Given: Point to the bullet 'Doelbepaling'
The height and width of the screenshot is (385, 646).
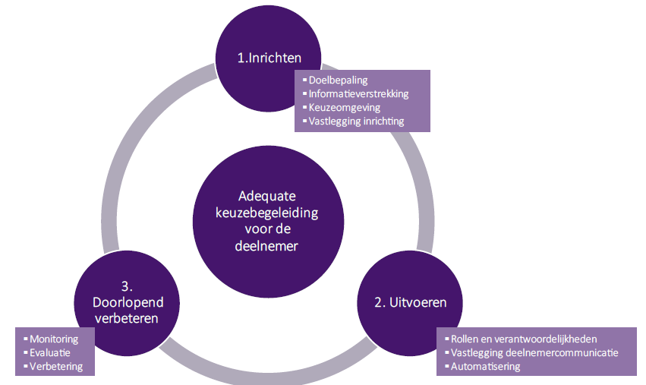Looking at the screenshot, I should pyautogui.click(x=339, y=80).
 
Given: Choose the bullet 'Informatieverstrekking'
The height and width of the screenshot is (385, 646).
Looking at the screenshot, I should pyautogui.click(x=358, y=93).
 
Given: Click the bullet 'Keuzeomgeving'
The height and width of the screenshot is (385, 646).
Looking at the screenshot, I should pyautogui.click(x=344, y=107).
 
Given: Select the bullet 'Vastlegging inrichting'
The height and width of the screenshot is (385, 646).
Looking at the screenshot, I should pyautogui.click(x=356, y=121).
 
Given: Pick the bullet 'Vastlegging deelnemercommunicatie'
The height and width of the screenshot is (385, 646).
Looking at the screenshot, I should pyautogui.click(x=534, y=352).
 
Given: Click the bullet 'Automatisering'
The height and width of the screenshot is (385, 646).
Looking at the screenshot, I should pyautogui.click(x=485, y=366).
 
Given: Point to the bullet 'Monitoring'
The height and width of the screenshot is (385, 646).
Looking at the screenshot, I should pyautogui.click(x=52, y=339).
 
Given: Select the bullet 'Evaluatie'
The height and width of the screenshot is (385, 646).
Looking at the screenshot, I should pyautogui.click(x=49, y=352).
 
